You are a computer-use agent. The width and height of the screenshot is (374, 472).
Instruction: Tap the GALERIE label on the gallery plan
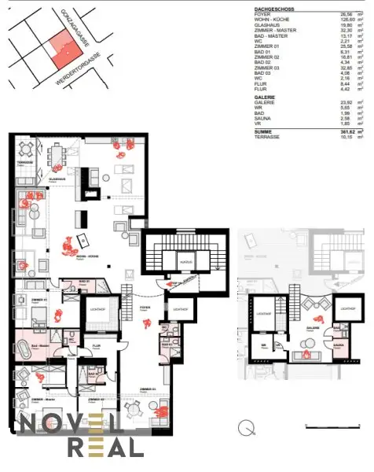(x=311, y=326)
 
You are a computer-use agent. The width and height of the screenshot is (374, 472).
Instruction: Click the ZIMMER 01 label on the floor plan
(x=31, y=300)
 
